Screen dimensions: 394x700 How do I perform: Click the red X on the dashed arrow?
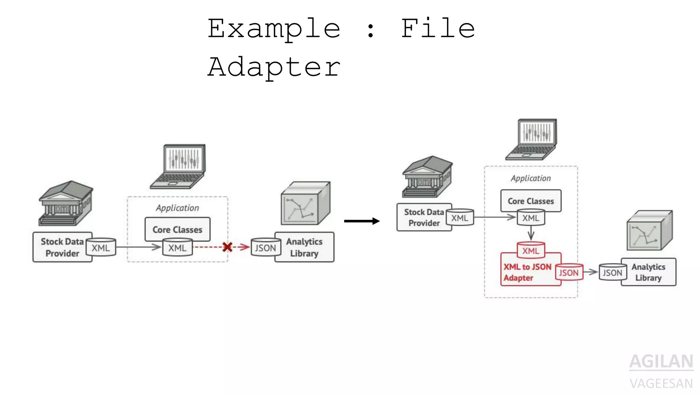227,247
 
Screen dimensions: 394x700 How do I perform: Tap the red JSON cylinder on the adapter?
569,272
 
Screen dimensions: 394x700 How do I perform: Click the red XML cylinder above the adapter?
530,250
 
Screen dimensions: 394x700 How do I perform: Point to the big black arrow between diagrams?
362,221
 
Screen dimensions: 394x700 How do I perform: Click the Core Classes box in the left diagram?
177,229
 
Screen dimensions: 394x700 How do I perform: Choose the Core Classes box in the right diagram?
530,201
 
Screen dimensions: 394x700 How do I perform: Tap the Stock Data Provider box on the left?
62,247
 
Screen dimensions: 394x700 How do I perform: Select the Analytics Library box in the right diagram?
648,272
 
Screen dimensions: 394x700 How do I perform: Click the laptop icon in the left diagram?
180,167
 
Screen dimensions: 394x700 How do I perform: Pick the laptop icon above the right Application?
533,140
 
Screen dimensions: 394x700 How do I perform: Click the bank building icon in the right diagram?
427,177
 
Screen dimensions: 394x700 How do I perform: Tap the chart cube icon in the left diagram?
305,203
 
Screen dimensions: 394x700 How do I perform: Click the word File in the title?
438,28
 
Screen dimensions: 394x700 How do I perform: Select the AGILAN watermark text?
661,362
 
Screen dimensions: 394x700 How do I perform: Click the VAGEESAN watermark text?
661,383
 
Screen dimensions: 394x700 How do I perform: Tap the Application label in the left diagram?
177,208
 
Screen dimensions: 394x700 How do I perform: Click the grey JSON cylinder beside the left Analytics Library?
265,248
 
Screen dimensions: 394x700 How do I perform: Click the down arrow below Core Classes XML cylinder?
531,234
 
